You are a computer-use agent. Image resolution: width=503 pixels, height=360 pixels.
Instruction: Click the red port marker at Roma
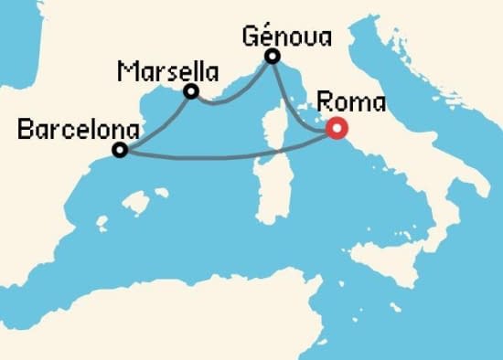[336, 130]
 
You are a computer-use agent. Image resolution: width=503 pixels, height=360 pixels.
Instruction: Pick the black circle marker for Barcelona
[119, 151]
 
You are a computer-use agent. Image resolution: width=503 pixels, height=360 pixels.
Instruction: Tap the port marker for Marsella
[191, 91]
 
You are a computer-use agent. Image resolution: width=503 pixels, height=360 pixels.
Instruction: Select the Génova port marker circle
[272, 58]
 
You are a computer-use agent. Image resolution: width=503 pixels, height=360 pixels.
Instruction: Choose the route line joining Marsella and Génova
[229, 95]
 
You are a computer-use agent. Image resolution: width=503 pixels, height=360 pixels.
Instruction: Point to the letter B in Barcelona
[24, 131]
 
